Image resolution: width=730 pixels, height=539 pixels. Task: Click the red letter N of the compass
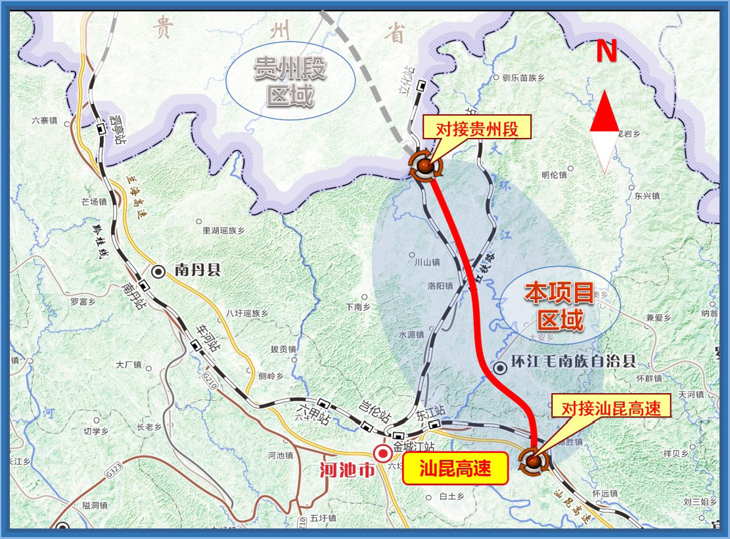coord(606,51)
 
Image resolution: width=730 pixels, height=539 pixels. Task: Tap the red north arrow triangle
coord(604,113)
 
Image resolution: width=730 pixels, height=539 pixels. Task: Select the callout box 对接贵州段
coord(478,128)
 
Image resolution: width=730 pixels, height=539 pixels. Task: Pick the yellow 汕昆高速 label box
coord(455,469)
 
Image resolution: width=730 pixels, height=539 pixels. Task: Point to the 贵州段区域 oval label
coord(290,81)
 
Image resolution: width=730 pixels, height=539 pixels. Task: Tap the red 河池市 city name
coord(346,471)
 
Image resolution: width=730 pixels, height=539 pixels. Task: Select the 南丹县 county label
coord(196,270)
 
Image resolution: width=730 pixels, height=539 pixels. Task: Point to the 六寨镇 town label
coord(45,120)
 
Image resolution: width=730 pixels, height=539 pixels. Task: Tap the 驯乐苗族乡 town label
coord(524,78)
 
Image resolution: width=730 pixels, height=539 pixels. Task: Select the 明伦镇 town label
coord(553,175)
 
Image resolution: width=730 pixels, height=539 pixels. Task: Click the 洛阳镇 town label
coord(440,286)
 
